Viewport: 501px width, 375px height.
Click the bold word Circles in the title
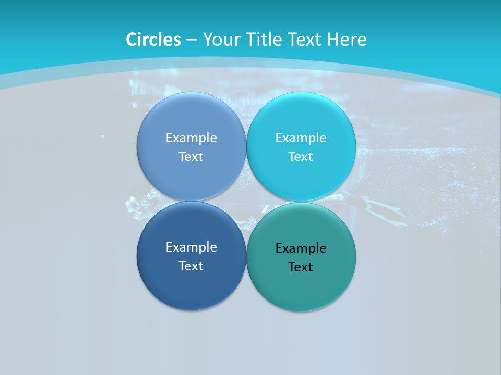click(153, 40)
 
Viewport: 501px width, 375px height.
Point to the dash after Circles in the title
click(192, 40)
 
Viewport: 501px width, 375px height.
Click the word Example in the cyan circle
click(301, 137)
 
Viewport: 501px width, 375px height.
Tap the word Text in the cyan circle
click(301, 156)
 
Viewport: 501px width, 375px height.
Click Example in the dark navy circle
click(192, 247)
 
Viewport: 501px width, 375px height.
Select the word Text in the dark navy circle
click(191, 266)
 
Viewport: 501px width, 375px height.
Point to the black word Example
click(301, 248)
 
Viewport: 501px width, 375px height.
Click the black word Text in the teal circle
click(301, 267)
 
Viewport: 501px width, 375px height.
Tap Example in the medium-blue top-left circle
click(192, 137)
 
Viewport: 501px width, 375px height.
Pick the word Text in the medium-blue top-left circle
click(191, 156)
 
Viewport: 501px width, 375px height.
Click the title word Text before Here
click(305, 40)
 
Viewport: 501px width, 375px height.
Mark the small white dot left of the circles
click(102, 136)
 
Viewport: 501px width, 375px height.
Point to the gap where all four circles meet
click(246, 202)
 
